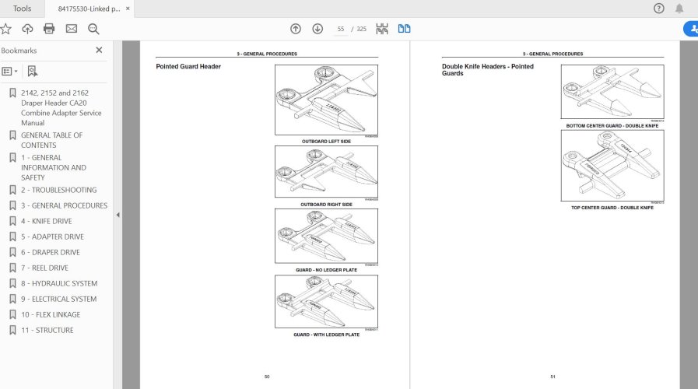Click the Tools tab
[x=22, y=9]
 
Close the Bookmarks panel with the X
[x=99, y=51]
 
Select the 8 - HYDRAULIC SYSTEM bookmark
[x=59, y=283]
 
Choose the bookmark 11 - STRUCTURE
[x=47, y=330]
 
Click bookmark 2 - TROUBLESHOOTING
[x=59, y=190]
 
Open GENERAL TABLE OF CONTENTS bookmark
[x=51, y=140]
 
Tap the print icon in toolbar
[x=49, y=29]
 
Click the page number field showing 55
[x=340, y=29]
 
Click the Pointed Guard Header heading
[x=188, y=67]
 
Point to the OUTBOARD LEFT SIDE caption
[x=326, y=142]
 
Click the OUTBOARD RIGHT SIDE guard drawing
[x=326, y=172]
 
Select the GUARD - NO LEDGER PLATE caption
[x=326, y=270]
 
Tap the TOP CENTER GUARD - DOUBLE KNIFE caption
[x=612, y=208]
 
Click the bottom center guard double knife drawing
[x=612, y=92]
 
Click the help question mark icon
[x=658, y=9]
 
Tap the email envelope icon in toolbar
[x=72, y=29]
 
